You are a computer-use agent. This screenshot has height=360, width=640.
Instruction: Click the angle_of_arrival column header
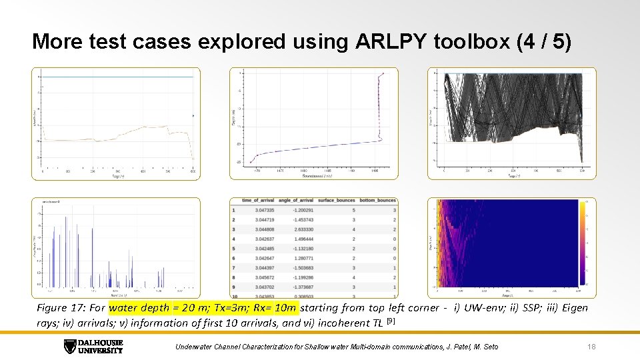pyautogui.click(x=296, y=201)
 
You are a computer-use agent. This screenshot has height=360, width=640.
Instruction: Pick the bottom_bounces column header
pyautogui.click(x=378, y=201)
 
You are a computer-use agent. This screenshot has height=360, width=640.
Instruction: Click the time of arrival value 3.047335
pyautogui.click(x=264, y=210)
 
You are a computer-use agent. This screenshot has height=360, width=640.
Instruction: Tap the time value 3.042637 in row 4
pyautogui.click(x=264, y=239)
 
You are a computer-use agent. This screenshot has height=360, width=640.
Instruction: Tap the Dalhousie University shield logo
pyautogui.click(x=70, y=347)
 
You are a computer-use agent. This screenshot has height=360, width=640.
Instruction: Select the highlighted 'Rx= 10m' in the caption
pyautogui.click(x=275, y=308)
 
